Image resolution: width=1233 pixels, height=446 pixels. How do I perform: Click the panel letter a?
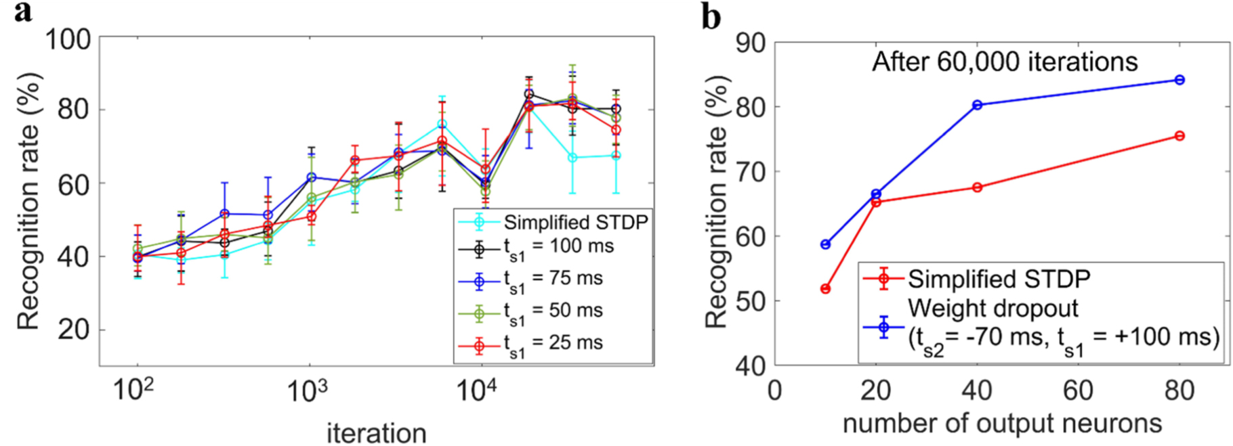point(22,12)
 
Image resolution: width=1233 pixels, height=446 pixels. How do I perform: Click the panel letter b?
point(711,16)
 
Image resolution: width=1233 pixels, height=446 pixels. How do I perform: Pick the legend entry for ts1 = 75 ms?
point(553,280)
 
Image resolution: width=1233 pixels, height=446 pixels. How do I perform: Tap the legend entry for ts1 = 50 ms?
point(553,311)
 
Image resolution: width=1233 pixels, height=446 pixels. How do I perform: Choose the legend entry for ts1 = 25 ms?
point(553,344)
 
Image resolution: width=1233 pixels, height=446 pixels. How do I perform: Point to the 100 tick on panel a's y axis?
point(67,39)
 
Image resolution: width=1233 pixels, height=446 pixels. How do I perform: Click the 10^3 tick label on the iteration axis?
point(308,391)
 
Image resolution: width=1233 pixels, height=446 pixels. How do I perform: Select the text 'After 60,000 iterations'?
point(1005,62)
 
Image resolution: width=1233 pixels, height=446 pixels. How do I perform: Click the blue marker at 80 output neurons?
point(1179,80)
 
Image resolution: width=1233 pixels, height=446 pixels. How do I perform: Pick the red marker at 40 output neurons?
point(977,187)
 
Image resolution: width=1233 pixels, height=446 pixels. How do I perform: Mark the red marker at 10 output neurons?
point(825,289)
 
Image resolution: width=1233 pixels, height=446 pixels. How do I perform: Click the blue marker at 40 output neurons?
point(977,105)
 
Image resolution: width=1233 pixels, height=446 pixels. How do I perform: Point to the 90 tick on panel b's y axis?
point(750,43)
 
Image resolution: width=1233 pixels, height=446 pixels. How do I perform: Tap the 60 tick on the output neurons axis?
point(1078,391)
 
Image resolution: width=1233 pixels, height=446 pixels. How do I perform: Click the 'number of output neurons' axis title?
point(1002,424)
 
